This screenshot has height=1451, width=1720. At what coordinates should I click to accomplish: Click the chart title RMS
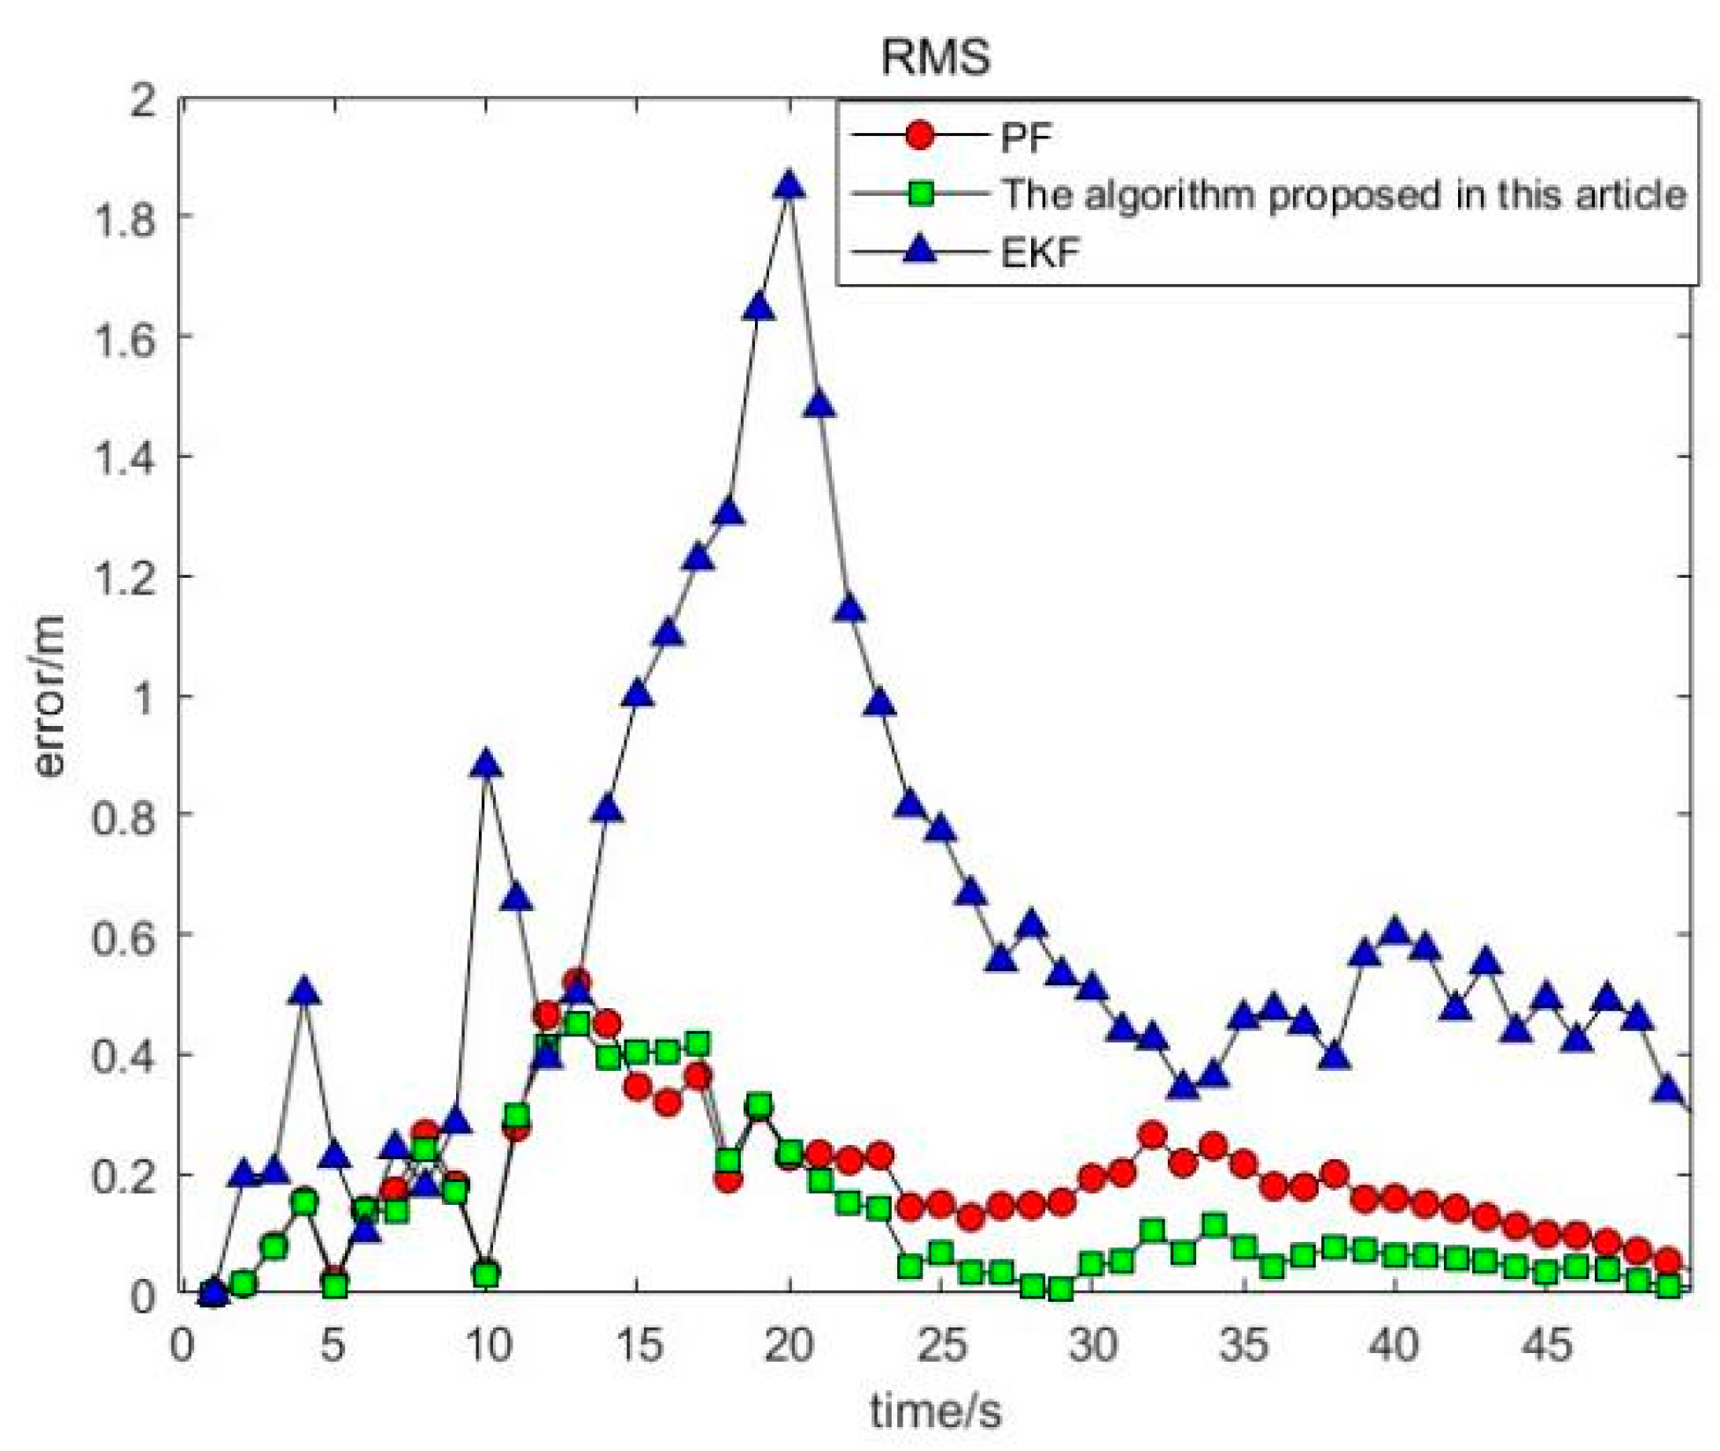click(x=935, y=57)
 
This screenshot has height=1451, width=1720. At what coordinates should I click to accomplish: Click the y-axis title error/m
click(x=50, y=697)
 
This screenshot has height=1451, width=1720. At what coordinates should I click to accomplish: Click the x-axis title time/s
click(x=935, y=1410)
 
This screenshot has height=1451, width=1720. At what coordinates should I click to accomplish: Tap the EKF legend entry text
click(x=1041, y=253)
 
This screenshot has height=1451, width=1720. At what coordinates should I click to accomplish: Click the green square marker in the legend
click(x=920, y=193)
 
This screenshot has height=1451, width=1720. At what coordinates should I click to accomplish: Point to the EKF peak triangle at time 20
click(x=789, y=186)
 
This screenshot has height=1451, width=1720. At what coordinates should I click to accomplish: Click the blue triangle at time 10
click(x=486, y=765)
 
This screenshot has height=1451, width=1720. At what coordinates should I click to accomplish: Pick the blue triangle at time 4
click(x=304, y=991)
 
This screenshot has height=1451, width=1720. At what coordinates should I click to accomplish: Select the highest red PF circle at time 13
click(x=578, y=982)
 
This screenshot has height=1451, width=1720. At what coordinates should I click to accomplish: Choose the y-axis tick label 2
click(x=141, y=99)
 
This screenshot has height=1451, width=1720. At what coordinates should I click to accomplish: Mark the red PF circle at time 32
click(x=1153, y=1135)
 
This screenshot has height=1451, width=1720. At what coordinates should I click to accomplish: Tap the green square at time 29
click(x=1062, y=1290)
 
